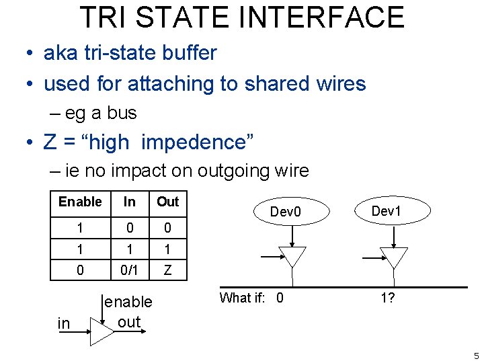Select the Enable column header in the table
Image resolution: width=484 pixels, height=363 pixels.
tap(80, 202)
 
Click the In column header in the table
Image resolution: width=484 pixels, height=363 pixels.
tap(130, 202)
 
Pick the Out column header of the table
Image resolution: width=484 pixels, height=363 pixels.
tap(167, 202)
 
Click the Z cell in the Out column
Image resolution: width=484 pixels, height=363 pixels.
tap(167, 270)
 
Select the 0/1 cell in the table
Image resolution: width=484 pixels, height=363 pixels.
tap(130, 270)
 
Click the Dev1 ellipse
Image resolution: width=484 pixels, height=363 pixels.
tap(387, 210)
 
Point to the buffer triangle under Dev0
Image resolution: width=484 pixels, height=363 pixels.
tap(292, 256)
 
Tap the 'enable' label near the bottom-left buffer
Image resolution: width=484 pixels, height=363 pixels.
tap(128, 302)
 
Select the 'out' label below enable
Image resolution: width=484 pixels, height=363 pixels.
tap(128, 321)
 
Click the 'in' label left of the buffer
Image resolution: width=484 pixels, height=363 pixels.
tap(64, 324)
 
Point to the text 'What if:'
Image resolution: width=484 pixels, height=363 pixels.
tap(245, 298)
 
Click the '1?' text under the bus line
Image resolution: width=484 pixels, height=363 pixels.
tap(387, 298)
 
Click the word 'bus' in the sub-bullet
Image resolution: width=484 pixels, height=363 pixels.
tap(122, 113)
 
